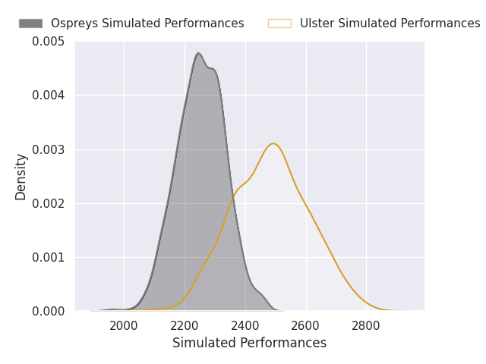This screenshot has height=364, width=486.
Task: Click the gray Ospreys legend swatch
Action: coord(30,24)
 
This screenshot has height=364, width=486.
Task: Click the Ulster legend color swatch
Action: coord(279,24)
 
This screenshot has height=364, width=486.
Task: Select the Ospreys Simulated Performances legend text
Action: coord(147,24)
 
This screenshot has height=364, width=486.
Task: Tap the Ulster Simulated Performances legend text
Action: coord(390,24)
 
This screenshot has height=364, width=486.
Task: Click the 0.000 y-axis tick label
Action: coord(49,312)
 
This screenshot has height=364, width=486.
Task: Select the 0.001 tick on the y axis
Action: coord(49,258)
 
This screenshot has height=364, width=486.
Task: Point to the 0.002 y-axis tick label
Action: coord(49,203)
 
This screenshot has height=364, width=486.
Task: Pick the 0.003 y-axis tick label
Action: coord(49,149)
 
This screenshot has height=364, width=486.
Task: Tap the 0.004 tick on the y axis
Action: coord(49,96)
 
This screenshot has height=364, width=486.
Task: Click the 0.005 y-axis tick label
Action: coord(49,42)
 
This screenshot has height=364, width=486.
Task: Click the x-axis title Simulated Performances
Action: coord(249,343)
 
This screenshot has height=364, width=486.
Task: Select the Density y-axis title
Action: coord(21,176)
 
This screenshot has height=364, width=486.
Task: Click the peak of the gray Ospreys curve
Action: coord(198,53)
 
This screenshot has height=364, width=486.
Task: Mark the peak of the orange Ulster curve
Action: coord(273,143)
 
